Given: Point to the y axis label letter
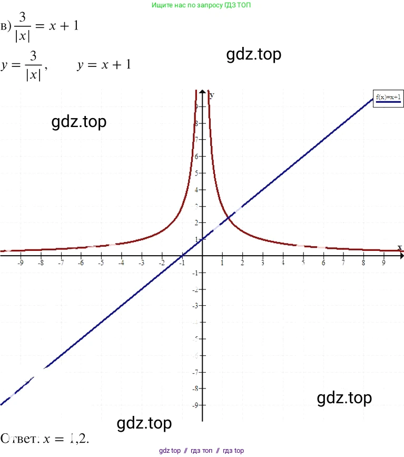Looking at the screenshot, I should pos(212,95).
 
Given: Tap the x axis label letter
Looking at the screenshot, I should pos(399,248).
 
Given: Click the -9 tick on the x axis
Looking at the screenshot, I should pos(21,262).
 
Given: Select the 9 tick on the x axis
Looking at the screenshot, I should pos(383,262).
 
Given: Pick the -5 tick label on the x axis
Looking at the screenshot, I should pos(101,262).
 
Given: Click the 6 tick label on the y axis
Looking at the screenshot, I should pos(195,157).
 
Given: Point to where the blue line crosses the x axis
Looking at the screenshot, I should pos(182,255).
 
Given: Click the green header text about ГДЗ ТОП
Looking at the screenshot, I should pos(201,5).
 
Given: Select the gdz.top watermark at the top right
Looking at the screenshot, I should pos(254,54).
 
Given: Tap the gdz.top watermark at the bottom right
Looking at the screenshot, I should pos(344,397).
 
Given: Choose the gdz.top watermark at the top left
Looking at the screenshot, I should pos(79,121).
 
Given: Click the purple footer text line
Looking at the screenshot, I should pos(201,451).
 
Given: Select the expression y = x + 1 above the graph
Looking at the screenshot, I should pos(104,65).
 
